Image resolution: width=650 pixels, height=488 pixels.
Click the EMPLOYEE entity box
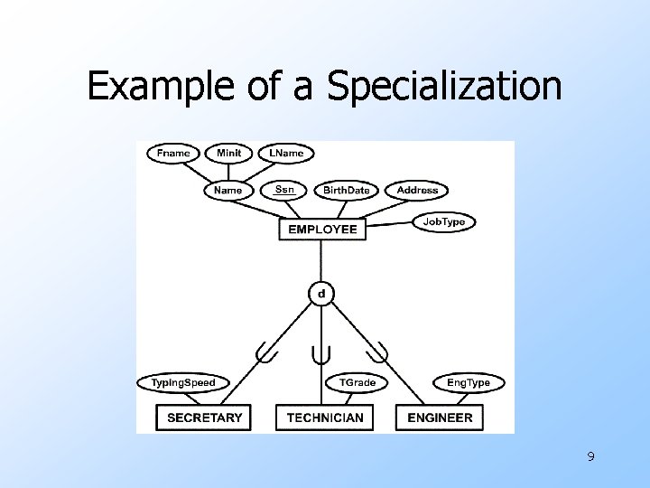point(322,230)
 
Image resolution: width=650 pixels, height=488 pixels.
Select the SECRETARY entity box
point(204,418)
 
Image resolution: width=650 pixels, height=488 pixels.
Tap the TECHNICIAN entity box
point(325,418)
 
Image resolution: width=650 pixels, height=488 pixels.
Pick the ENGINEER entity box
point(440,418)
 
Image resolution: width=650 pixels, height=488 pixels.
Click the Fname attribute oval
point(173,153)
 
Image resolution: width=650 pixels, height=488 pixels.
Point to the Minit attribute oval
point(228,153)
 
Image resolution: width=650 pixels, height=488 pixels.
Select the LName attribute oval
point(286,153)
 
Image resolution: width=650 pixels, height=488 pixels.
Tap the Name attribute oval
point(227,190)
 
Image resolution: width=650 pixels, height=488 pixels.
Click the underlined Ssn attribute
point(284,189)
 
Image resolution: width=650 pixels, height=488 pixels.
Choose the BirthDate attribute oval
point(346,190)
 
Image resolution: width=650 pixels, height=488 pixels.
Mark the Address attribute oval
point(417,190)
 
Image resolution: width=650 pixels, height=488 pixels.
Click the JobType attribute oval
point(444,221)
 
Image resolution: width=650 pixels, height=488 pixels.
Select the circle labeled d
point(321,293)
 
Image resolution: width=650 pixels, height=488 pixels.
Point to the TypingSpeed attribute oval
point(183,383)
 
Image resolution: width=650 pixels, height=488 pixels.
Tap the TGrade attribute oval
point(357,383)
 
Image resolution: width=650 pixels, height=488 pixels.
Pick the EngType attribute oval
point(469,383)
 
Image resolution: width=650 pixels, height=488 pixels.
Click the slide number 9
point(590,457)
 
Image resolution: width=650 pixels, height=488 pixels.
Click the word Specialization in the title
point(444,87)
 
